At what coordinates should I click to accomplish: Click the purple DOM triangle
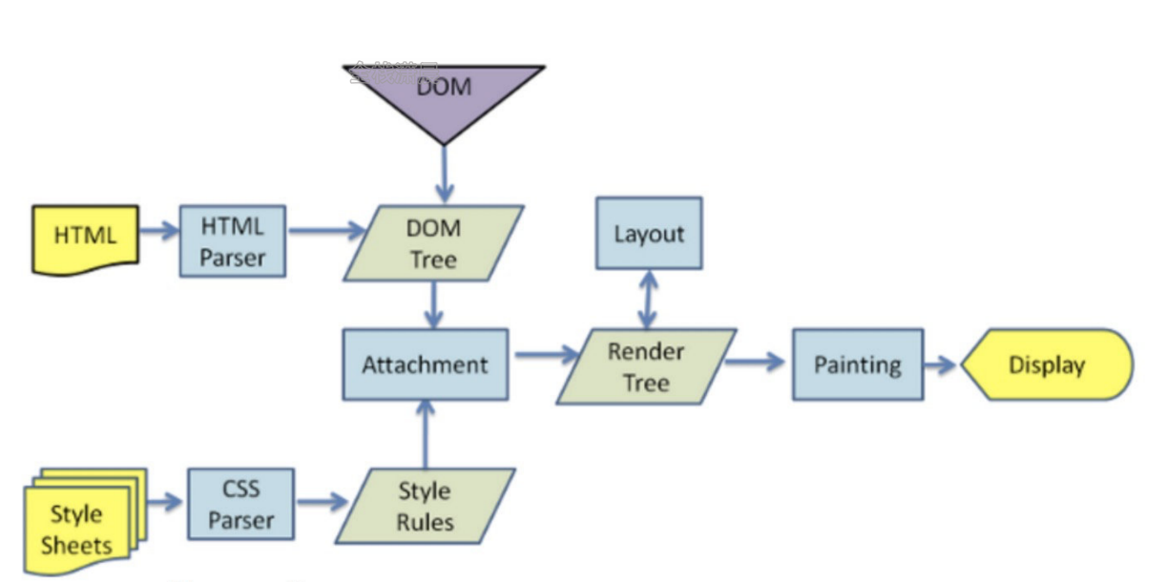click(x=444, y=95)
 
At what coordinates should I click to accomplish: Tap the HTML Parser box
click(x=232, y=242)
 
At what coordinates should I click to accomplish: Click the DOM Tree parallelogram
click(x=433, y=243)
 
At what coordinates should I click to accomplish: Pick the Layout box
click(x=649, y=234)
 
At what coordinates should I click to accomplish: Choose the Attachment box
click(x=426, y=364)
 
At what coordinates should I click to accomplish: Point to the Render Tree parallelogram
click(x=646, y=366)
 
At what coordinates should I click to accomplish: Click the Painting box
click(x=857, y=364)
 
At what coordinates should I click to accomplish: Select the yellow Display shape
click(x=1047, y=364)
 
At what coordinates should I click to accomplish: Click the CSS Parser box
click(x=240, y=505)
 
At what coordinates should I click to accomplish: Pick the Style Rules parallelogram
click(x=424, y=506)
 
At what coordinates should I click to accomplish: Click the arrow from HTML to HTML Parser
click(x=159, y=230)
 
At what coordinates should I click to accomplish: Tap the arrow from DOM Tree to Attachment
click(x=434, y=304)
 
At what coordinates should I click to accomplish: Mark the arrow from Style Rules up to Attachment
click(x=426, y=433)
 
